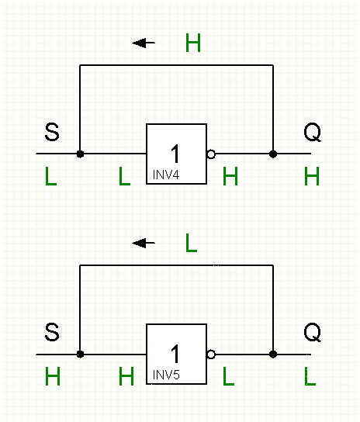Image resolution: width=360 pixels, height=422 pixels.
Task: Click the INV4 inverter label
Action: pos(166,175)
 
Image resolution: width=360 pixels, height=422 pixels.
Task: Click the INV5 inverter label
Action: pos(166,375)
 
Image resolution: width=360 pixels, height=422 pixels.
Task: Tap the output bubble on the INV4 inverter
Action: pos(211,154)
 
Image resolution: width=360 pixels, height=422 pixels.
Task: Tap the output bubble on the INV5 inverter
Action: pos(211,355)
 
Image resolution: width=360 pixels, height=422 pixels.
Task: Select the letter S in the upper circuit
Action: pos(52,132)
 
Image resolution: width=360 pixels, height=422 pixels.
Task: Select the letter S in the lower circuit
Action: pos(52,332)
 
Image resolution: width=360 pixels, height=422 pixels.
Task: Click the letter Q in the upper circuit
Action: pos(313,132)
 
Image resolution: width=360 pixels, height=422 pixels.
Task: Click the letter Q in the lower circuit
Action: pos(313,332)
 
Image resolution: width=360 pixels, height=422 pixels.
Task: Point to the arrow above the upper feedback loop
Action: pos(144,43)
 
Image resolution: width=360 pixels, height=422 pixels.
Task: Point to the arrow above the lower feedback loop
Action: pos(144,243)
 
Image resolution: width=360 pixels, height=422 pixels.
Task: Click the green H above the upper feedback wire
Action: pos(193,43)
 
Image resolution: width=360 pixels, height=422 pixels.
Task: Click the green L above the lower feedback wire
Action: pos(192,243)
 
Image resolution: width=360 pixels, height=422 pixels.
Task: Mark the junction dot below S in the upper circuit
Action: pos(80,154)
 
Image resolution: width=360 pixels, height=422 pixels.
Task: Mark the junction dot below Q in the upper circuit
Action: pos(273,154)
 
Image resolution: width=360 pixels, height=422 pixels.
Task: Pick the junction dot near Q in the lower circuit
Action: pos(273,355)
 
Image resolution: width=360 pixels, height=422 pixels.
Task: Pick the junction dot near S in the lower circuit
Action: pos(80,355)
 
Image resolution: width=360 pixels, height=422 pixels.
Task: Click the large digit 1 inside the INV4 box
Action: pos(175,154)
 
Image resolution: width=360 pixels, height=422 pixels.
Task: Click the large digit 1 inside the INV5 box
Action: pos(175,354)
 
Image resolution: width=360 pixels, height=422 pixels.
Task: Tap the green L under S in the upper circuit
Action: pos(51,176)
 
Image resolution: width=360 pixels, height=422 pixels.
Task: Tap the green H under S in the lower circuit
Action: pos(53,376)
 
